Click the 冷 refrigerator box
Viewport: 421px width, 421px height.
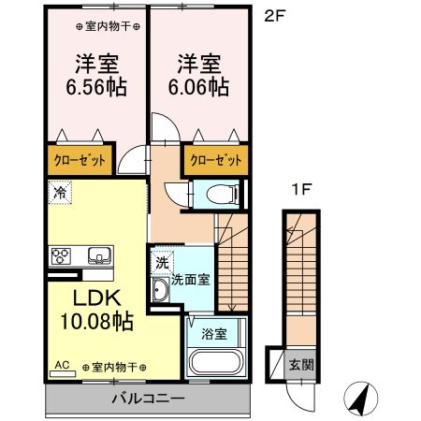pos(59,195)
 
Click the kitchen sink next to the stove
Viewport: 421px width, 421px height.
pos(98,255)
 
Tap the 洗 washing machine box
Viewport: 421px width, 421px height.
pos(162,263)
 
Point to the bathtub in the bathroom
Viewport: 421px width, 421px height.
pos(215,363)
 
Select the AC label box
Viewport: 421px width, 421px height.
pos(64,366)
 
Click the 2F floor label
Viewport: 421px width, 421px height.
pos(272,16)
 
